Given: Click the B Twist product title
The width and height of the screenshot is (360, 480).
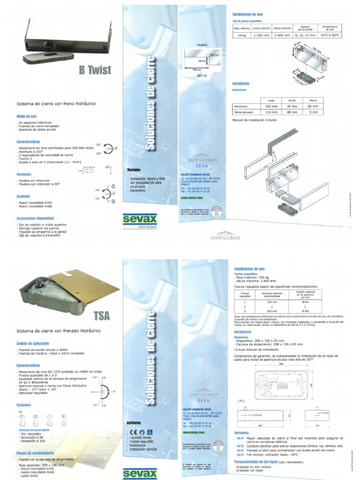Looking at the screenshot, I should [95, 70].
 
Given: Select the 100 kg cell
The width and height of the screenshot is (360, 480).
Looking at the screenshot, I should [242, 35].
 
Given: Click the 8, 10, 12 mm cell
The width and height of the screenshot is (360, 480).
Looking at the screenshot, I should [304, 35].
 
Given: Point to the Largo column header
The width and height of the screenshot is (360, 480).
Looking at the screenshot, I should [271, 100].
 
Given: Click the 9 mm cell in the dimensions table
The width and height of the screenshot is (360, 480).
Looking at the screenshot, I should [313, 112].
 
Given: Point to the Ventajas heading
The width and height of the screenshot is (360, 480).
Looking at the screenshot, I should [134, 170].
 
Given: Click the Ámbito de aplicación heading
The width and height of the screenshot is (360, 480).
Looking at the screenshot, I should [33, 343].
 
